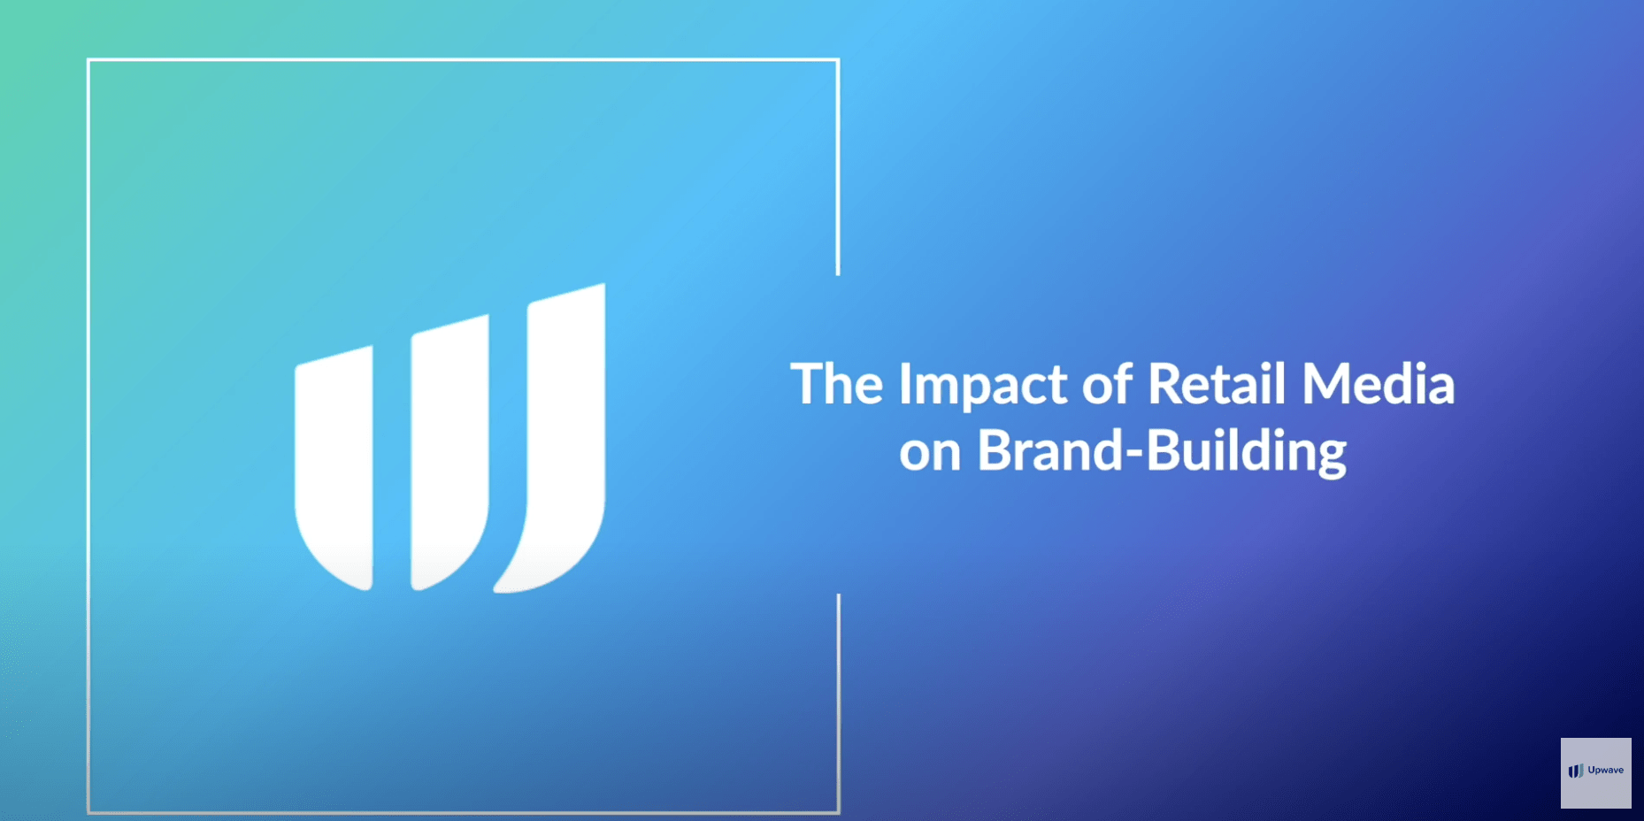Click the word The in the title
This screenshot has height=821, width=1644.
tap(837, 384)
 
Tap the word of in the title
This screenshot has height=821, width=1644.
tap(1108, 383)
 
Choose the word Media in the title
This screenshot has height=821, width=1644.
tap(1378, 383)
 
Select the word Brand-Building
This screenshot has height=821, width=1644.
tap(1162, 452)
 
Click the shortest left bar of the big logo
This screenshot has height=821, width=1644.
tap(334, 467)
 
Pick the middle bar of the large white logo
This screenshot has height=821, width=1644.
tap(449, 452)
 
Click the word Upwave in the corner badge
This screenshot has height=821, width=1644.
tap(1606, 771)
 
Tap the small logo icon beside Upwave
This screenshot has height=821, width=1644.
tap(1576, 771)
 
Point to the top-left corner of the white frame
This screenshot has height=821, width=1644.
tap(88, 60)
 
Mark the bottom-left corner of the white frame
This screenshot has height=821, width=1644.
tap(88, 812)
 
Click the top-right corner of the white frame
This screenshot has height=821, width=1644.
tap(838, 60)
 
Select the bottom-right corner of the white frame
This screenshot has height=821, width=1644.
tap(838, 812)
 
